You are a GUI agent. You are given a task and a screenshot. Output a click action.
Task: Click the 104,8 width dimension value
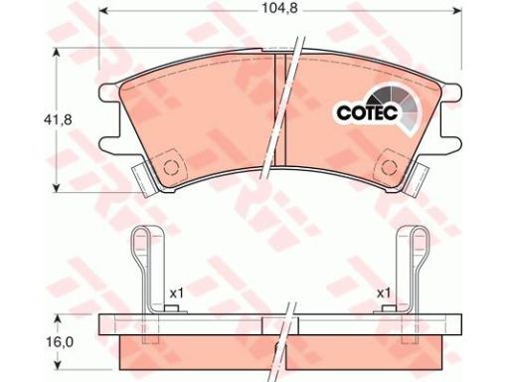click(x=280, y=8)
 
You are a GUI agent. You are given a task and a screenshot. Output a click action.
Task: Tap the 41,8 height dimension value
click(x=58, y=119)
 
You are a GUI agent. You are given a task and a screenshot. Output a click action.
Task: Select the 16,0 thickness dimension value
click(x=60, y=342)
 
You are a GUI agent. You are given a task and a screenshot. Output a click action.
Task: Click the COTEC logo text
click(x=367, y=112)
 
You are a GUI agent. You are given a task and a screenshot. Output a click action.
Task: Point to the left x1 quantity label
click(x=176, y=292)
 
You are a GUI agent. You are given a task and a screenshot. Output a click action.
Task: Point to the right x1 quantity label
click(x=384, y=292)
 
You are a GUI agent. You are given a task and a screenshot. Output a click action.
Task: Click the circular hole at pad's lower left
click(x=171, y=167)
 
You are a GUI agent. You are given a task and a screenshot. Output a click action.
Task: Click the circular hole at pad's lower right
click(x=389, y=167)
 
